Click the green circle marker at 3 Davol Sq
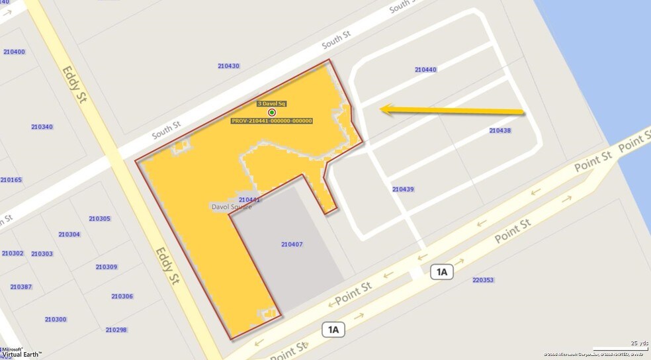coord(272,112)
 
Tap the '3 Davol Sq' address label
coord(271,104)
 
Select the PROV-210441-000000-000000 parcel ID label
coord(272,121)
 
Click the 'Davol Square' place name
coord(232,207)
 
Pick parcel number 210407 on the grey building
coord(292,244)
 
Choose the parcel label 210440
coord(425,69)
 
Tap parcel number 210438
coord(499,130)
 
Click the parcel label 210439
coord(403,189)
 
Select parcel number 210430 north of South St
coord(228,66)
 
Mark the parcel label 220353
coord(483,280)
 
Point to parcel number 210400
coord(14,52)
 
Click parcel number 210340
coord(42,126)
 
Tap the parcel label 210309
coord(107,267)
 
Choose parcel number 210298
coord(116,330)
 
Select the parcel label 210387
coord(21,287)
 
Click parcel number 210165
coord(11,179)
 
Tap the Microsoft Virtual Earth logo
coord(21,352)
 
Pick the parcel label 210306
coord(122,296)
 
